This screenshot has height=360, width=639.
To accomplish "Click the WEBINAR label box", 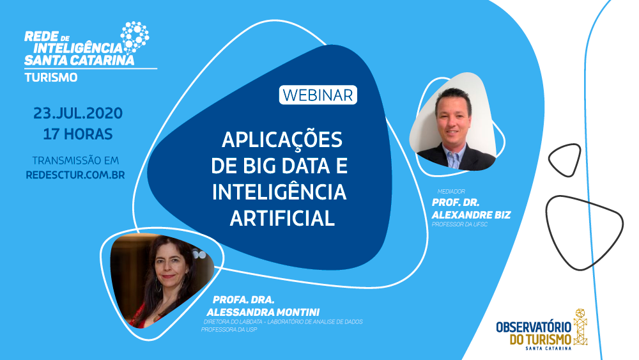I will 318,95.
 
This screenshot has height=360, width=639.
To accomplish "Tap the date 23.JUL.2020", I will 78,114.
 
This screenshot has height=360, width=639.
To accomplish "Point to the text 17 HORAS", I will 78,134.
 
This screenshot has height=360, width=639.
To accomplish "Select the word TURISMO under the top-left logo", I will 51,77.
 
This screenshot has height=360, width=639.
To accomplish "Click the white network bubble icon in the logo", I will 135,36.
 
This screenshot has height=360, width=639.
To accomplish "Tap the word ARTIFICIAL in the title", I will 282,218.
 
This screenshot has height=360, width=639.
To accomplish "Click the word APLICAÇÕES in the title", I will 282,139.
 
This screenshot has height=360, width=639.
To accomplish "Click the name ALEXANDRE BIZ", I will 471,215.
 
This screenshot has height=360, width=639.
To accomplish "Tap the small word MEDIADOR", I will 450,191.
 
